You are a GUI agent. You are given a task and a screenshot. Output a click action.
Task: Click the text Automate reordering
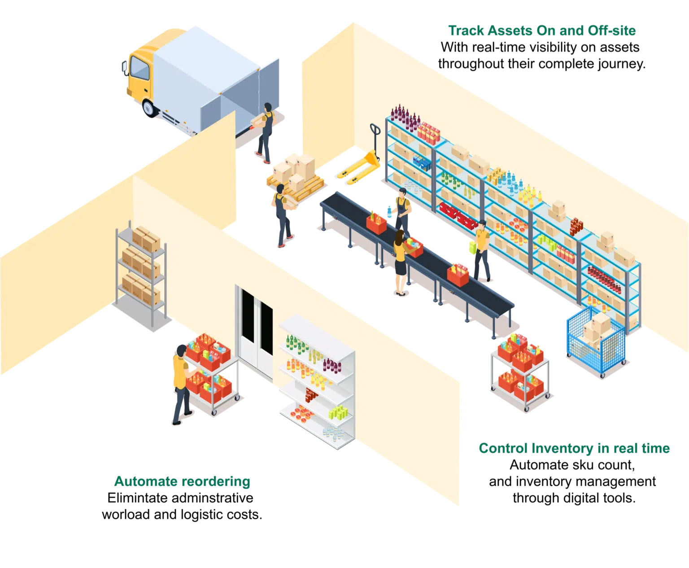(x=182, y=481)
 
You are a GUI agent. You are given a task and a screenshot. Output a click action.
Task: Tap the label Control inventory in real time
(x=574, y=449)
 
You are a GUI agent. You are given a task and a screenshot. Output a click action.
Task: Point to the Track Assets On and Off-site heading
(x=542, y=30)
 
